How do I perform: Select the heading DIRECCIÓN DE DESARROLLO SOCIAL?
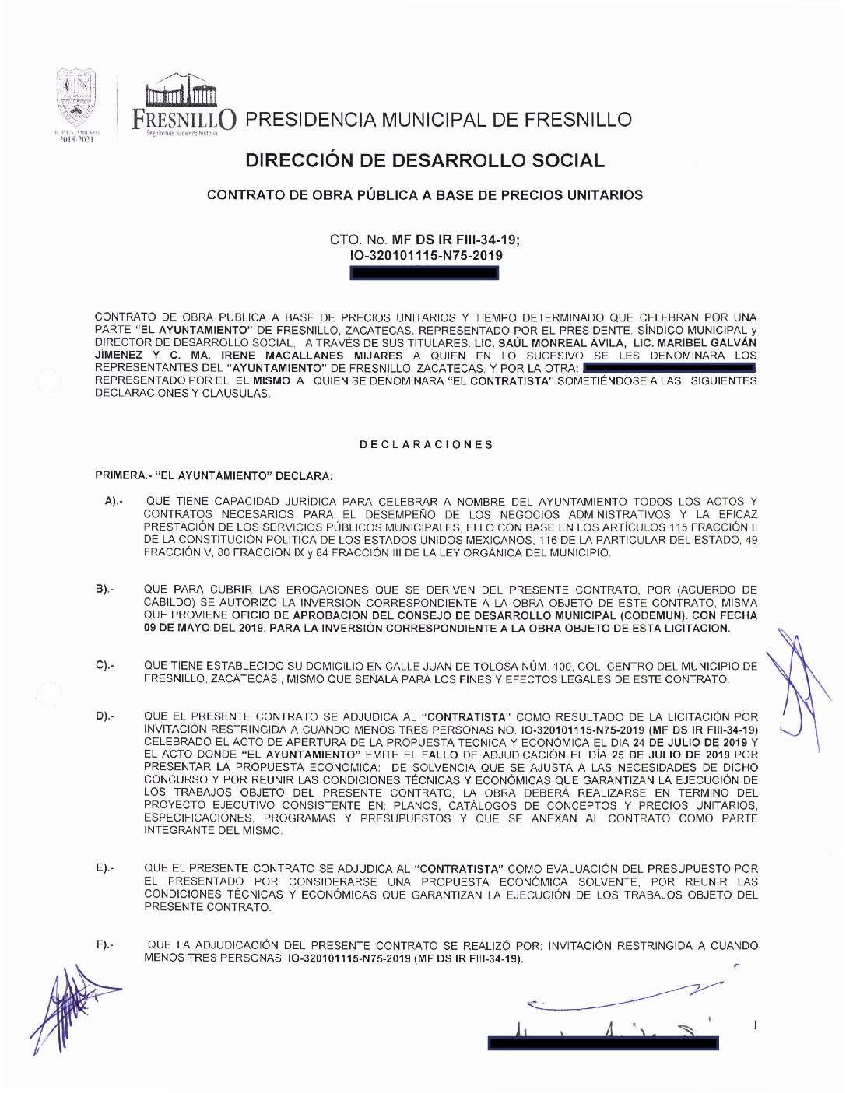tap(424, 161)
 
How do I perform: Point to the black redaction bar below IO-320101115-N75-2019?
tap(425, 273)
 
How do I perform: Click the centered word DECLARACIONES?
tap(426, 445)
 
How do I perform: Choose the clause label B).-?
tap(105, 590)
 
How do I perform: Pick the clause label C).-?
tap(105, 666)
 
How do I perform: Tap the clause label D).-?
tap(105, 716)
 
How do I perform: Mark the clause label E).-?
tap(105, 868)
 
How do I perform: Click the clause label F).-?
tap(105, 945)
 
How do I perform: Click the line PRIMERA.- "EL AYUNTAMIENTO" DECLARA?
tap(214, 475)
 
